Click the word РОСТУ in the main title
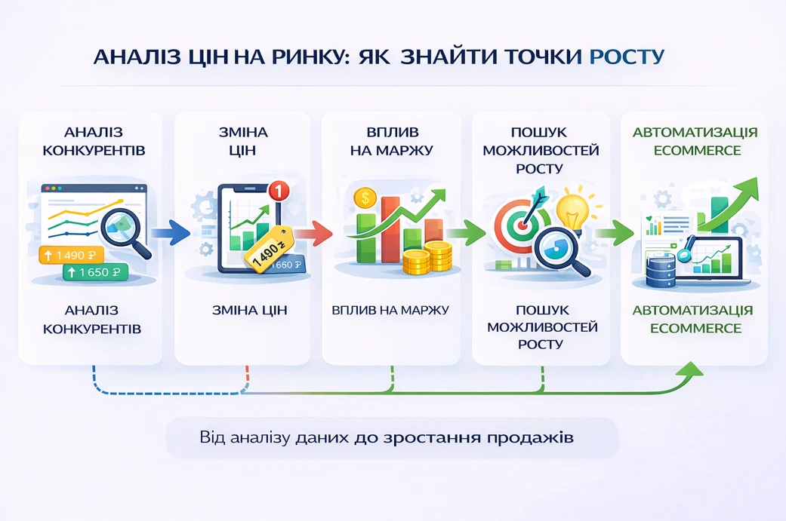[627, 57]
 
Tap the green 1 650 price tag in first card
[96, 272]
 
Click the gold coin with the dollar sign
[365, 198]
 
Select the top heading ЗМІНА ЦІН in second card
[243, 142]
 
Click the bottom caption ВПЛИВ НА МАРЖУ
[390, 310]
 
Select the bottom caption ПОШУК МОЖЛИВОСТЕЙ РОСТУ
[541, 326]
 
